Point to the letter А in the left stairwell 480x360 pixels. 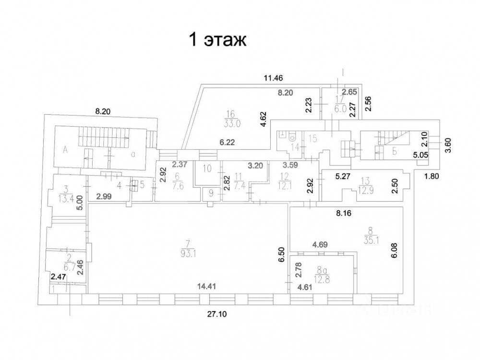[65, 150]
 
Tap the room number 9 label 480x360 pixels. [209, 194]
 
